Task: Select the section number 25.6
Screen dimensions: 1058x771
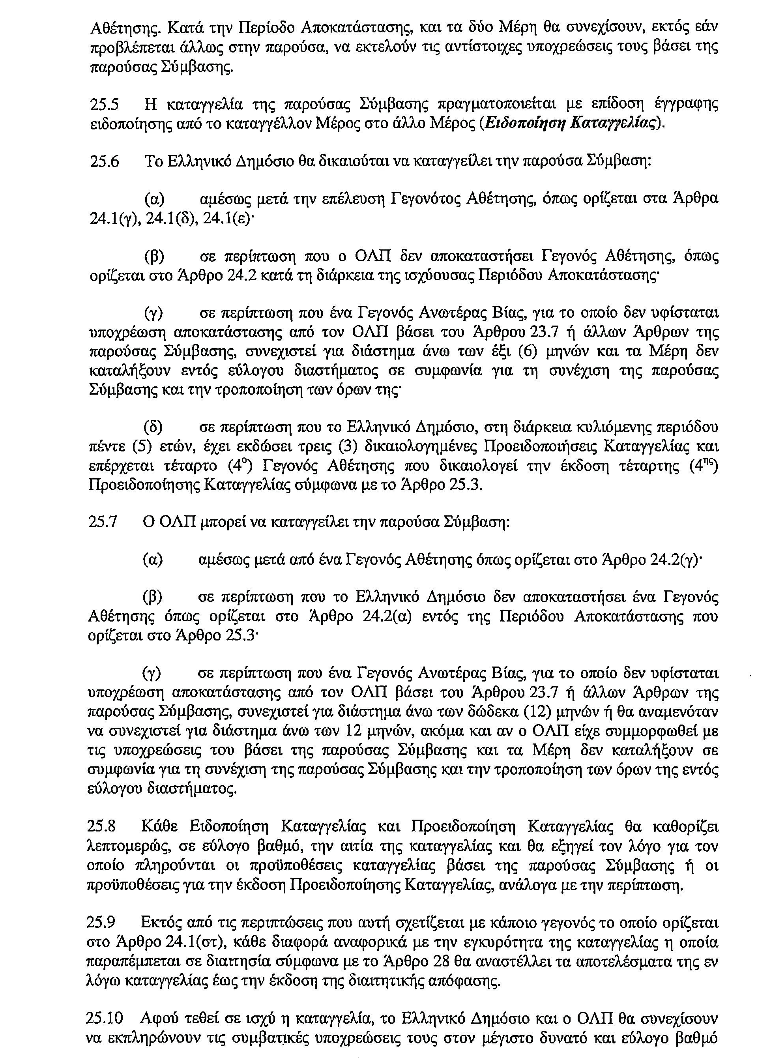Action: [104, 161]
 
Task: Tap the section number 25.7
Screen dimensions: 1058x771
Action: [102, 522]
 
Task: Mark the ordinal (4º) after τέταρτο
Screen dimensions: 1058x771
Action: [240, 466]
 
